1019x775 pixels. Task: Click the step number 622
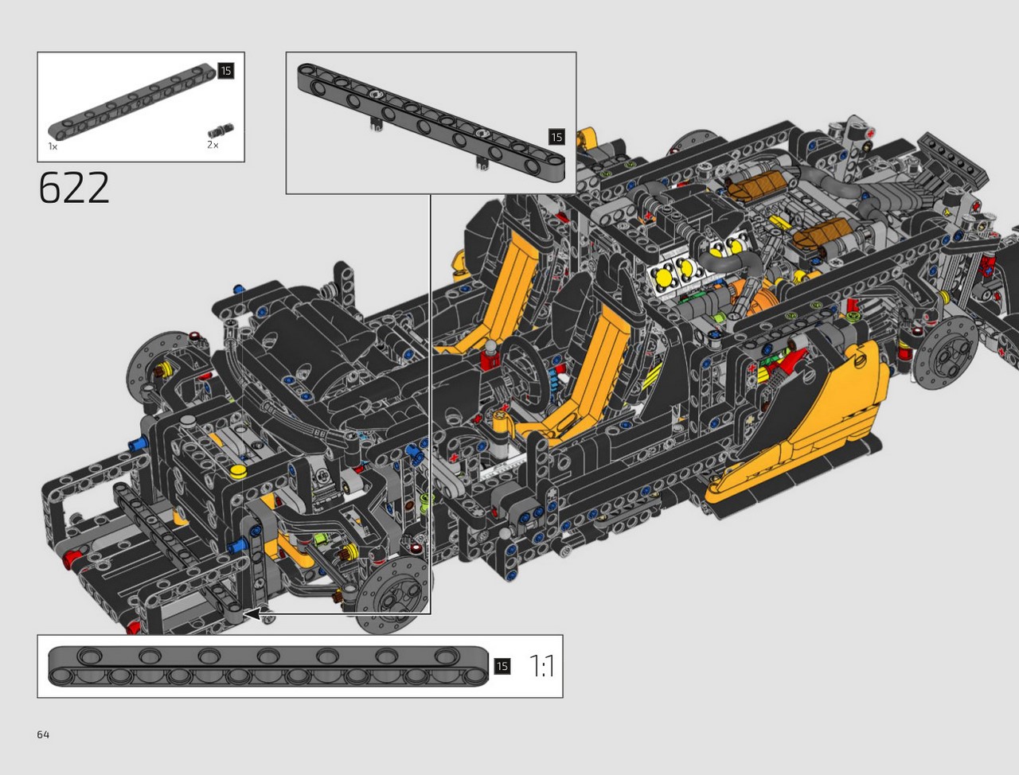tap(74, 187)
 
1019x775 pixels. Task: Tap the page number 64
tap(43, 734)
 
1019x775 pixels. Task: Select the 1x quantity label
tap(53, 146)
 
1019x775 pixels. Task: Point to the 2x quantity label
tap(213, 145)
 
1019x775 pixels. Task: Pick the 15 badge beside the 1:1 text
tap(502, 667)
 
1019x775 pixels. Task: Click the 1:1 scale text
tap(542, 666)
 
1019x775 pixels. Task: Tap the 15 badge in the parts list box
tap(225, 71)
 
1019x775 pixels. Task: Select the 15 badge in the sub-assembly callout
tap(556, 137)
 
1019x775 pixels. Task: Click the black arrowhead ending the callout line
tap(252, 614)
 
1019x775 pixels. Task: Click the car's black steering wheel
tap(522, 370)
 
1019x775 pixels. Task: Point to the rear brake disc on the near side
tap(944, 355)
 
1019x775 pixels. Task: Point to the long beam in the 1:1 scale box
tap(268, 667)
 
